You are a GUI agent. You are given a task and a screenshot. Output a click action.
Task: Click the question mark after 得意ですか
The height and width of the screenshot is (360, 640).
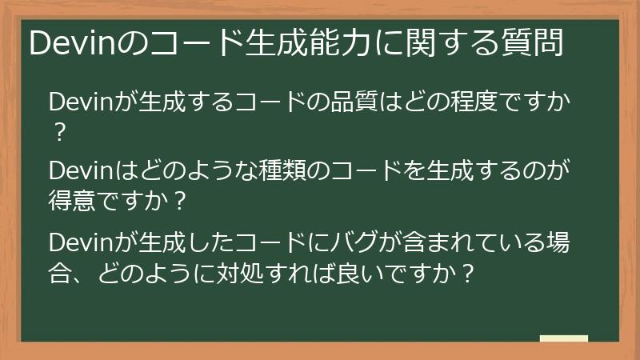click(179, 200)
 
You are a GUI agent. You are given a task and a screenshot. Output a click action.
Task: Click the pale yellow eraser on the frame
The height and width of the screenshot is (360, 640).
click(563, 338)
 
